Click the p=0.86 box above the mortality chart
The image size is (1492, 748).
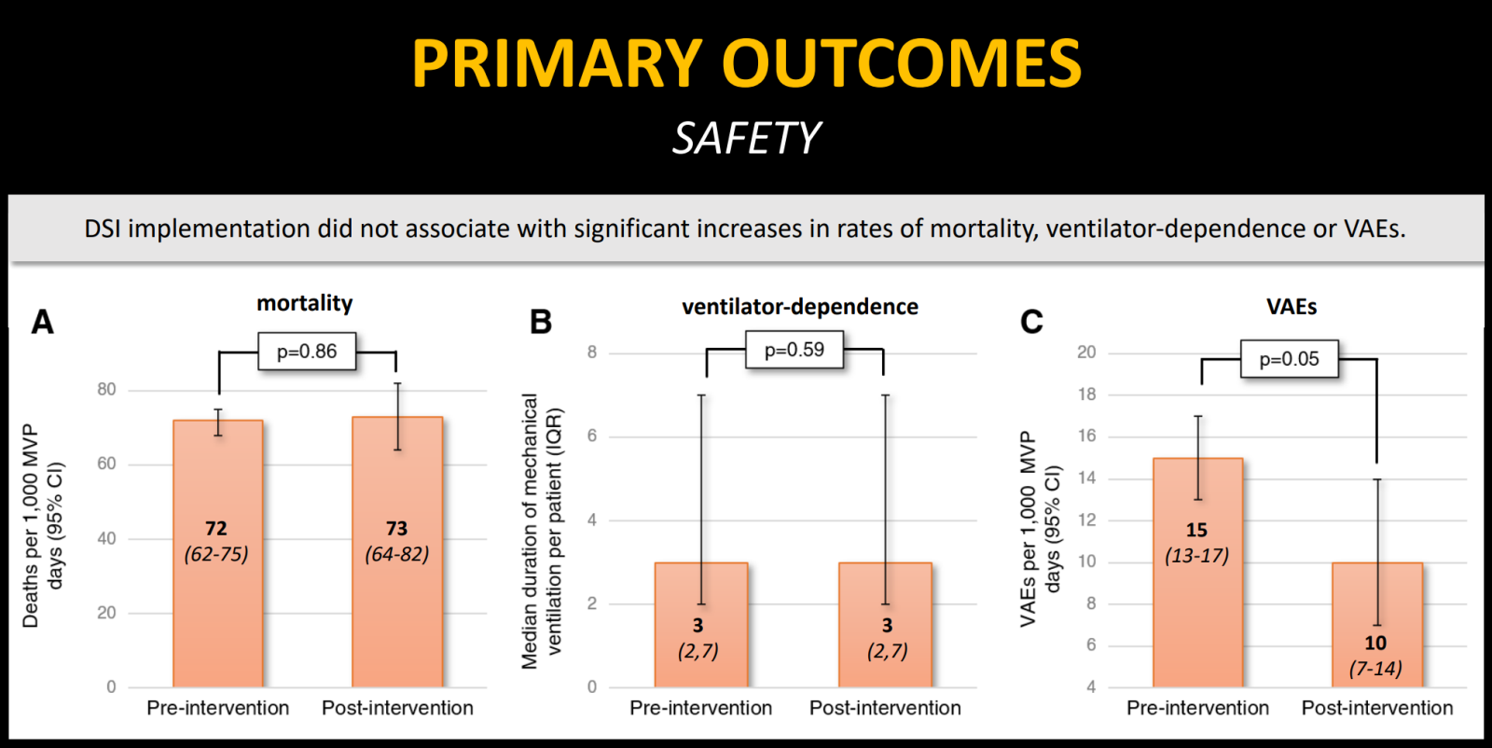pyautogui.click(x=307, y=352)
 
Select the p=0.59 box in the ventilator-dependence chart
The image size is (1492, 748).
pyautogui.click(x=794, y=350)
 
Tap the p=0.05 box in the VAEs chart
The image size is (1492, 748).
pyautogui.click(x=1289, y=359)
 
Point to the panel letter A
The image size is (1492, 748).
pyautogui.click(x=43, y=323)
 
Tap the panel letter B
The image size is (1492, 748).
pyautogui.click(x=541, y=323)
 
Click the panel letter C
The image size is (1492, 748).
pyautogui.click(x=1031, y=323)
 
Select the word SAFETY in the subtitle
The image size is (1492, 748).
pyautogui.click(x=746, y=139)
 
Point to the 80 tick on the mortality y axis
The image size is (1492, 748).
pyautogui.click(x=107, y=390)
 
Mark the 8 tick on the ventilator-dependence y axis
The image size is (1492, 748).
pyautogui.click(x=592, y=353)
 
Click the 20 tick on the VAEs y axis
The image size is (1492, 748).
pyautogui.click(x=1086, y=353)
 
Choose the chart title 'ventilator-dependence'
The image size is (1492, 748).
pyautogui.click(x=800, y=307)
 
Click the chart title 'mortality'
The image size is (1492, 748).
pyautogui.click(x=305, y=303)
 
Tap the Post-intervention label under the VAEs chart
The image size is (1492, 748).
pyautogui.click(x=1376, y=708)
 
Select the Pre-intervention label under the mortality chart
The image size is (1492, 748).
pyautogui.click(x=217, y=708)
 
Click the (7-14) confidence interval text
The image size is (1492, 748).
pyautogui.click(x=1375, y=668)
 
